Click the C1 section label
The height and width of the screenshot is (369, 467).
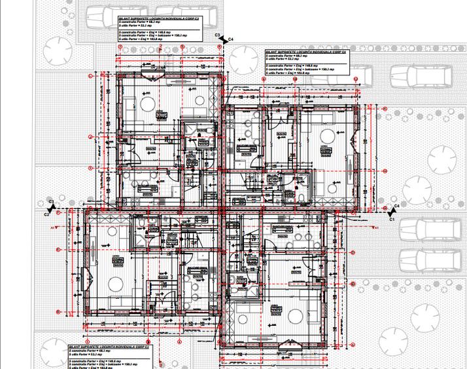[393, 219]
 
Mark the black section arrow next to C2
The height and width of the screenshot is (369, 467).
[55, 208]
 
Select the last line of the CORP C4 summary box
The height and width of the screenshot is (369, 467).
[292, 73]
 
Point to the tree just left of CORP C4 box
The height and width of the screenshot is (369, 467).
[243, 62]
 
